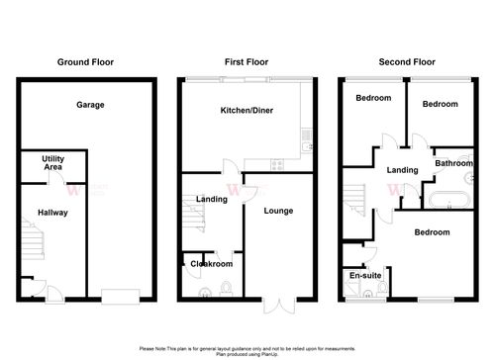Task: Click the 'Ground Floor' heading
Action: click(x=86, y=62)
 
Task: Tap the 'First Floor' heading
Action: click(x=247, y=62)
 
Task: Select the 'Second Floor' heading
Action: click(x=408, y=62)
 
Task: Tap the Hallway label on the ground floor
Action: click(x=53, y=211)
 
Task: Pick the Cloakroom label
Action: click(x=212, y=264)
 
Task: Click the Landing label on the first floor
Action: click(x=212, y=200)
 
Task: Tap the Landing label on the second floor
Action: click(x=401, y=169)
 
